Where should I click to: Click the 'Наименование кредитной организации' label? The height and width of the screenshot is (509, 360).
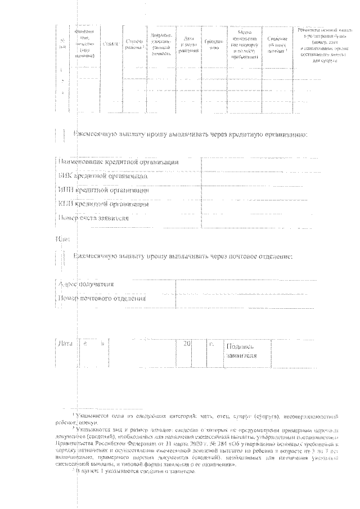click(x=119, y=162)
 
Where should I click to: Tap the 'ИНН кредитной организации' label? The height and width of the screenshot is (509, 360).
click(x=103, y=190)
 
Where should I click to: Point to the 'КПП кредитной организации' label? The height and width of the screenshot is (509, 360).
click(x=103, y=204)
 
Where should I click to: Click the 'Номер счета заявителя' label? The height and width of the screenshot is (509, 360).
click(x=93, y=218)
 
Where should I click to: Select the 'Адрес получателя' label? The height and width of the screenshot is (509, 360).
click(x=86, y=284)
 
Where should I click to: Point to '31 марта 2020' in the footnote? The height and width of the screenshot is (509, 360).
click(x=184, y=442)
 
